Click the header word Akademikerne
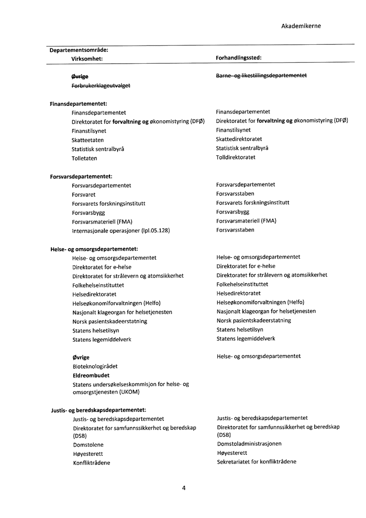coord(301,25)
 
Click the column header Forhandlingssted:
coord(239,59)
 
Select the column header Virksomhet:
coord(87,59)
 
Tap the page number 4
coord(183,488)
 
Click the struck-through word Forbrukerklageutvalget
coord(101,85)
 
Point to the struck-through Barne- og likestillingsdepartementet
coord(261,75)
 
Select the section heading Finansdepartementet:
coord(78,103)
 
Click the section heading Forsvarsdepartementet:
coord(80,176)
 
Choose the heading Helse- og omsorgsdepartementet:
coord(94,249)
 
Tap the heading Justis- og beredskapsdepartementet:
coord(98,410)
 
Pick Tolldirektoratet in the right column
coord(236,157)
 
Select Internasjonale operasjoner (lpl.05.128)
coord(121,231)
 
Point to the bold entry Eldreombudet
coord(91,375)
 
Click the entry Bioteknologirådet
coord(95,366)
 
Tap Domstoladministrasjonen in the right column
coord(249,444)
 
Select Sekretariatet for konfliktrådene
coord(257,462)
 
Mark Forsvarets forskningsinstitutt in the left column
coord(108,204)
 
